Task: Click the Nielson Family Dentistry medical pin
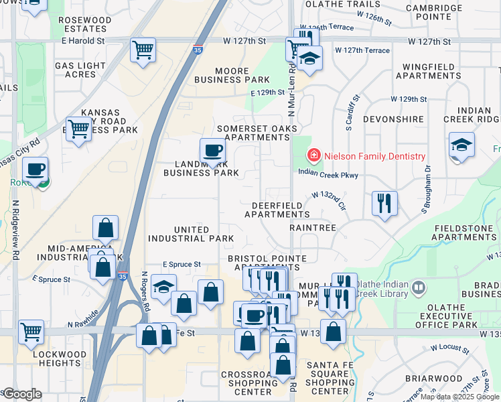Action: [313, 156]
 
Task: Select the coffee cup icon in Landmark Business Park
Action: [213, 151]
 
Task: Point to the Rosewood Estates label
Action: [84, 24]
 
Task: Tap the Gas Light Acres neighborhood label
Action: [80, 70]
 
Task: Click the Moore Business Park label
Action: [232, 75]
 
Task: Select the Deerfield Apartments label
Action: [277, 210]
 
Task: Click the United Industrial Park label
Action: [191, 234]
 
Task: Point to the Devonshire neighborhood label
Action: [393, 119]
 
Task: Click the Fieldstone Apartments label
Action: [465, 232]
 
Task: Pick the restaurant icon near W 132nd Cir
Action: [384, 203]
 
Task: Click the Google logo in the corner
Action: [22, 393]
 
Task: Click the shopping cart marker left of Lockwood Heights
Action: [31, 331]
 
